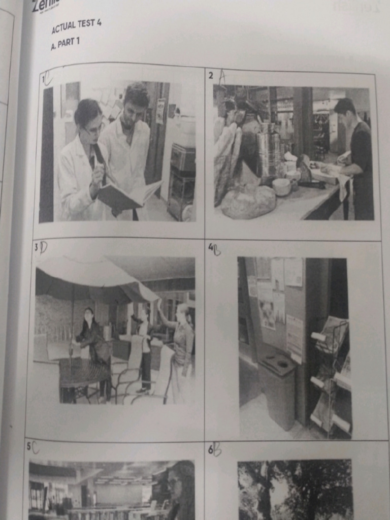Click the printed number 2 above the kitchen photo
[x=211, y=76]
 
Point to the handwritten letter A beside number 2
[x=221, y=76]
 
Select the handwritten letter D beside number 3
[x=44, y=247]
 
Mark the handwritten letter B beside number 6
[x=217, y=449]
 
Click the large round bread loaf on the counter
[x=248, y=201]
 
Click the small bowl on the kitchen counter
[x=281, y=186]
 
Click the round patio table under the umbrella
[x=84, y=373]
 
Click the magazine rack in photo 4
[x=330, y=376]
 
